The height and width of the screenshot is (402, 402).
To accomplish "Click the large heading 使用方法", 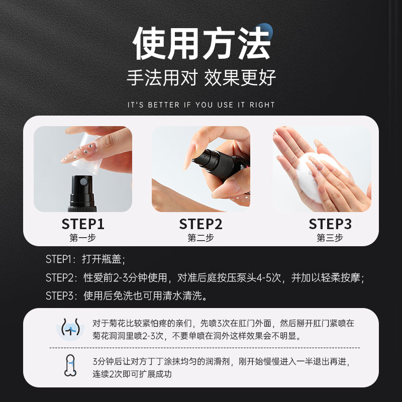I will (x=201, y=44).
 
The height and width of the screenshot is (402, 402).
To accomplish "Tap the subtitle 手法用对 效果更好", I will (x=201, y=78).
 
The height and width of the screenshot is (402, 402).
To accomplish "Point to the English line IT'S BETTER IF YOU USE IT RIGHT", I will (x=201, y=105).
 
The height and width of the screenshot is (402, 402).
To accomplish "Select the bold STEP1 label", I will (x=83, y=224).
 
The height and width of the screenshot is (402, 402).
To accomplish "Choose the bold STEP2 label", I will (x=200, y=224).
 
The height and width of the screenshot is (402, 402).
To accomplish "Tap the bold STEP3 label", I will (x=330, y=224).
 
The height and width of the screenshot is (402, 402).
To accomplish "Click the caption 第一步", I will (x=83, y=238).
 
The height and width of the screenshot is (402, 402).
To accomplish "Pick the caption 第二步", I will (x=200, y=238).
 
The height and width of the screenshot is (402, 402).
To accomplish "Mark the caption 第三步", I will (x=330, y=238).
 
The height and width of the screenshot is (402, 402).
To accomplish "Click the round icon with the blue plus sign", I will (x=71, y=330).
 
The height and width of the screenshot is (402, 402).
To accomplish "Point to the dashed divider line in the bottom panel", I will (x=201, y=348).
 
